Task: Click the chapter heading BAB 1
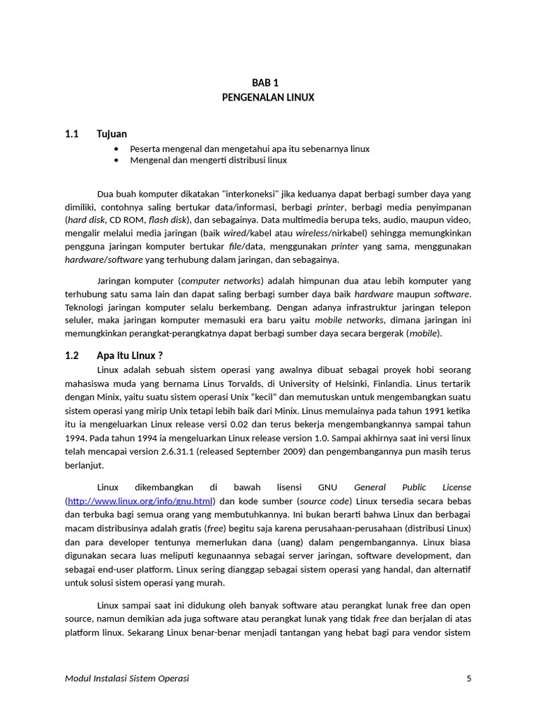pyautogui.click(x=268, y=82)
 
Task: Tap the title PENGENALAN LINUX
pyautogui.click(x=268, y=98)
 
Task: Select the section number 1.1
pyautogui.click(x=72, y=134)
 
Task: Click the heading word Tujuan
pyautogui.click(x=112, y=134)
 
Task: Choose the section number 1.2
pyautogui.click(x=72, y=356)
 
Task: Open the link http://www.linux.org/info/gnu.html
pyautogui.click(x=140, y=501)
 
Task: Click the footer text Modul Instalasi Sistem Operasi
pyautogui.click(x=126, y=678)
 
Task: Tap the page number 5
pyautogui.click(x=468, y=678)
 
